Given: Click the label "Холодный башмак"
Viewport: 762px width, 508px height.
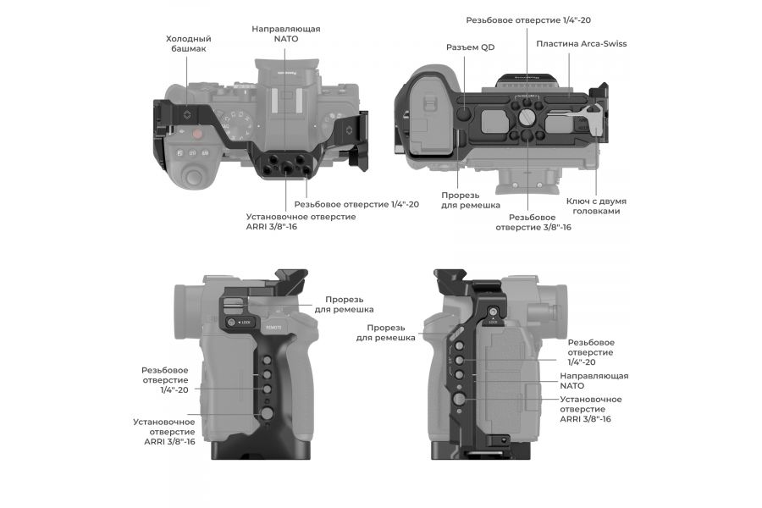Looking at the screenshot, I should (x=188, y=44).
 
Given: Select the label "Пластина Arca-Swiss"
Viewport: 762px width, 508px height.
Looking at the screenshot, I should (x=581, y=43).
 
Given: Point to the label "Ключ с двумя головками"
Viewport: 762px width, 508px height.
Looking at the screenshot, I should (x=596, y=206).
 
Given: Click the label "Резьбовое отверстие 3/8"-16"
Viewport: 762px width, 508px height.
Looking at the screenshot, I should (x=533, y=222).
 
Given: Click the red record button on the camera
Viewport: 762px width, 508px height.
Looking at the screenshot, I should (x=196, y=133).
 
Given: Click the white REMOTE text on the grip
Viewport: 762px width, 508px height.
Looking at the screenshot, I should (x=274, y=324).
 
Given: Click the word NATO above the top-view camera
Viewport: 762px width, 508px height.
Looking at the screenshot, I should (x=285, y=40).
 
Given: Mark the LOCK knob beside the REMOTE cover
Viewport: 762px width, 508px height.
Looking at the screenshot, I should (x=231, y=323).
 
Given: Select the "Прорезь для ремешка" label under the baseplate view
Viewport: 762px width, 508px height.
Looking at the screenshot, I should (x=470, y=200).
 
